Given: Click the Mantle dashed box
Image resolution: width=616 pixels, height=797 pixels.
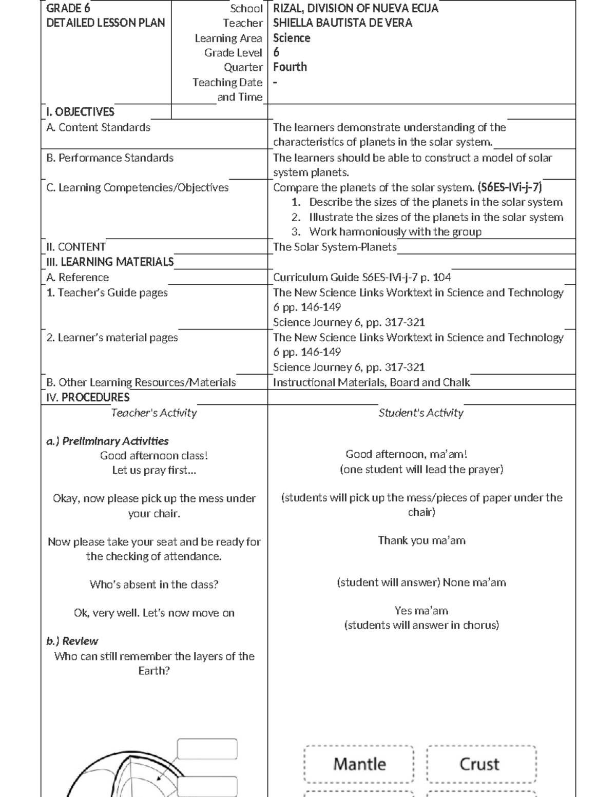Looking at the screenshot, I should (x=359, y=764).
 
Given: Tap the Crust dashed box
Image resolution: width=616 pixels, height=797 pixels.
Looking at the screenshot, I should (x=481, y=764).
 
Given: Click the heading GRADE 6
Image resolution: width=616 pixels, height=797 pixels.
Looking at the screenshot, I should (x=68, y=8).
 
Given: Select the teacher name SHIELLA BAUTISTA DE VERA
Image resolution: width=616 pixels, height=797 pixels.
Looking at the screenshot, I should (x=342, y=23).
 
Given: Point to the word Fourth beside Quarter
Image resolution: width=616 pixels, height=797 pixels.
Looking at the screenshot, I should (x=290, y=67).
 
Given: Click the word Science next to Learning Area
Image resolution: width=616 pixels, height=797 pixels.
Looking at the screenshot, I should (x=292, y=38).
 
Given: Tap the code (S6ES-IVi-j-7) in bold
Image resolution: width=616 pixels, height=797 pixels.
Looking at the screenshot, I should (x=510, y=187).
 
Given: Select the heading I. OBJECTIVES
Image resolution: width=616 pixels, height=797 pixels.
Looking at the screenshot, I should (x=80, y=112).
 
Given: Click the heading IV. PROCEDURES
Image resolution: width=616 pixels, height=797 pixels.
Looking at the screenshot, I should (x=88, y=397).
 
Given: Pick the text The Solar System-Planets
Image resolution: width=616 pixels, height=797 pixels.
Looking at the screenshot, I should (x=335, y=247).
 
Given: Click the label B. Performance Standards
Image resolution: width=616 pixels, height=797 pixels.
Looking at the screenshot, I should (x=110, y=158).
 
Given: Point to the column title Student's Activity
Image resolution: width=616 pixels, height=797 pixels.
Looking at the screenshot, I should (x=421, y=413).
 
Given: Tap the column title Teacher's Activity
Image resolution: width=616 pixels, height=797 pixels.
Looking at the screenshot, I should (x=154, y=413).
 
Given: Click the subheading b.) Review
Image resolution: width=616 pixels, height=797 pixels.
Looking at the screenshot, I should (x=72, y=641).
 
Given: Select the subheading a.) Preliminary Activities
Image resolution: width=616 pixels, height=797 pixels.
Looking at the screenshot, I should (x=107, y=441).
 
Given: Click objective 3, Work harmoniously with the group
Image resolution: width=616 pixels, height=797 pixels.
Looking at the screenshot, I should (x=395, y=232).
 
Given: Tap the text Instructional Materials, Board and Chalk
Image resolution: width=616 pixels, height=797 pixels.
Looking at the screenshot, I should (x=371, y=382).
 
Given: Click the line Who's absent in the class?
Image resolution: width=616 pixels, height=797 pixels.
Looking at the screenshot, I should (x=154, y=585).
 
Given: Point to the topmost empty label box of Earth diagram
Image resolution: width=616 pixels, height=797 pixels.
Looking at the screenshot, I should (x=207, y=749).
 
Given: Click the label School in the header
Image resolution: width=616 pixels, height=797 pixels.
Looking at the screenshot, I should (x=246, y=9).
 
